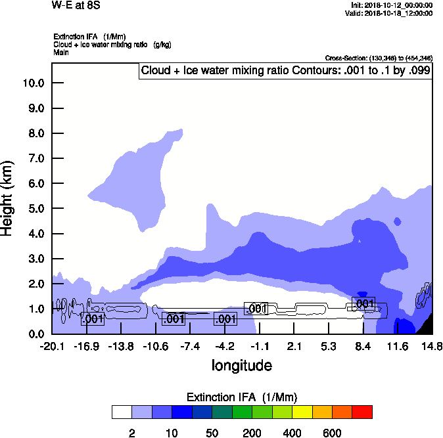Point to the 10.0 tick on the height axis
click(34, 83)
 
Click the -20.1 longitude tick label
click(52, 346)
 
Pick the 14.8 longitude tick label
click(432, 346)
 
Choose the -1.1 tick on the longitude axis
click(260, 346)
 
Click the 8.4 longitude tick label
click(363, 346)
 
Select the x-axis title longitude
click(241, 365)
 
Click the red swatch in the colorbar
click(361, 412)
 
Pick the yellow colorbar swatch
click(302, 412)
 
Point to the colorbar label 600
click(332, 433)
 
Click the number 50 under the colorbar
click(212, 433)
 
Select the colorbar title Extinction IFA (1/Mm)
click(242, 397)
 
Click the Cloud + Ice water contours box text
click(285, 70)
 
